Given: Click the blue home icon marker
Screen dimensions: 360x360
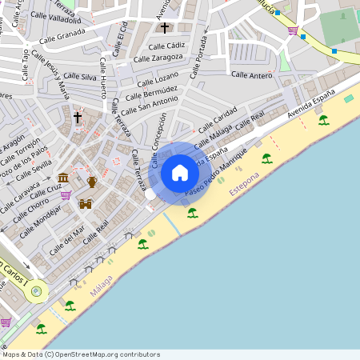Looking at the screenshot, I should pyautogui.click(x=180, y=173).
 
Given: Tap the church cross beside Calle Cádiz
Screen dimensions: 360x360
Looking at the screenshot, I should pyautogui.click(x=165, y=28).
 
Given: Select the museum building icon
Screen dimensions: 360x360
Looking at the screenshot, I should pyautogui.click(x=63, y=178).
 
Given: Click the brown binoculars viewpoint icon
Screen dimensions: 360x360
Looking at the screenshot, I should pyautogui.click(x=86, y=203).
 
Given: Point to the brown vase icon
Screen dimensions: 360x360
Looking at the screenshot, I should pyautogui.click(x=92, y=182).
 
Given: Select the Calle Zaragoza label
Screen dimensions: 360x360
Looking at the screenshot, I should pyautogui.click(x=158, y=58).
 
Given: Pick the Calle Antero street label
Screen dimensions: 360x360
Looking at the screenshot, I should pyautogui.click(x=252, y=74).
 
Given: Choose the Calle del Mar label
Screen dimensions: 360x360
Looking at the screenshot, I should pyautogui.click(x=67, y=241).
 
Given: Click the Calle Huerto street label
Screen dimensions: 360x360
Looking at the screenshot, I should pyautogui.click(x=102, y=80).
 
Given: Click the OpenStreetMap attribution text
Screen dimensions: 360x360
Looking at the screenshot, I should pyautogui.click(x=81, y=354).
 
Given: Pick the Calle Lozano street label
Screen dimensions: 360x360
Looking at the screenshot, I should pyautogui.click(x=158, y=79).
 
